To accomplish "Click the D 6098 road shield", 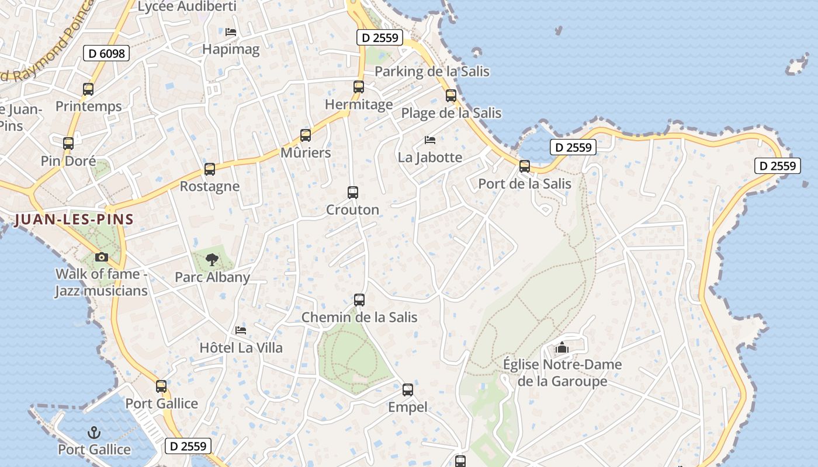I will coord(106,54).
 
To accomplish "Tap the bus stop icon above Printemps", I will coord(88,89).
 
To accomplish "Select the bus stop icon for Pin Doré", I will coord(68,143).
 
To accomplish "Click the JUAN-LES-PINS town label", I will coord(74,219).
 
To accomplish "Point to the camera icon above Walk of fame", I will coord(101,257).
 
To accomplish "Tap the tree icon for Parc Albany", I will coord(212,259).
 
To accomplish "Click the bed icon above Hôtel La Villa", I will coord(241,330).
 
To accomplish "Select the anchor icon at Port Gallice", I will coord(93,433).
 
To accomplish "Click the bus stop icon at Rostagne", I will coord(210,169).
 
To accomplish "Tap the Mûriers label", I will coord(306,153).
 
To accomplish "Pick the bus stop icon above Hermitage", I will coord(359,87).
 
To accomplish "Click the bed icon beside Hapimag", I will coord(231,32).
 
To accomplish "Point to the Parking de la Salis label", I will coord(432,71).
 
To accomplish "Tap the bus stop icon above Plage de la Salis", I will coord(451,96).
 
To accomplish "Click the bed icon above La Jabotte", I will coord(430,140).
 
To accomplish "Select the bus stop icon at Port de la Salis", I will coord(525,166).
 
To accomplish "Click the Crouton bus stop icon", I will coord(353,193).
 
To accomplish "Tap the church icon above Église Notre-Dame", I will coord(562,347).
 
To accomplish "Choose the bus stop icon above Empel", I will coord(408,390).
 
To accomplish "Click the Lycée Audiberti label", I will coord(187,6).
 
